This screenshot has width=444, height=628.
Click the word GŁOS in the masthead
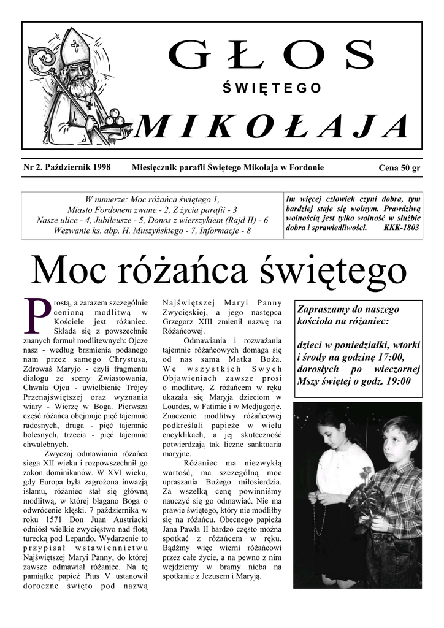click(x=271, y=55)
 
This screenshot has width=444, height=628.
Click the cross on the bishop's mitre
click(x=75, y=45)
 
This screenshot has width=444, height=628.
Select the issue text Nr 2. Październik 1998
click(x=66, y=167)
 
